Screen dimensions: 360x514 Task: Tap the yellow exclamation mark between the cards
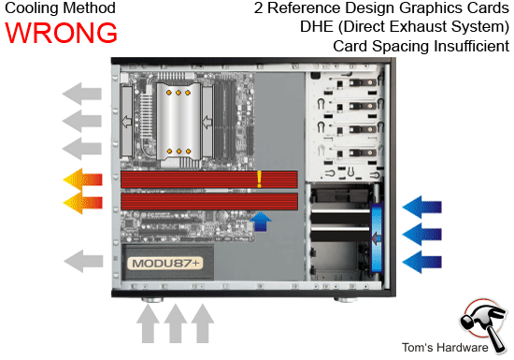pyautogui.click(x=260, y=178)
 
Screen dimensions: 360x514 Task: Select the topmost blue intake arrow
pyautogui.click(x=424, y=205)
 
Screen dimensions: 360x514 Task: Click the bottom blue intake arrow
pyautogui.click(x=424, y=259)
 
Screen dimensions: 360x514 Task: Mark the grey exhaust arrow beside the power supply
pyautogui.click(x=81, y=259)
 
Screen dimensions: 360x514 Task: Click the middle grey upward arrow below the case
pyautogui.click(x=174, y=326)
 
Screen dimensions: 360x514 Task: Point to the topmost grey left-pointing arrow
pyautogui.click(x=81, y=94)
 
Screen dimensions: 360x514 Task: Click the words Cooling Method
pyautogui.click(x=58, y=8)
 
